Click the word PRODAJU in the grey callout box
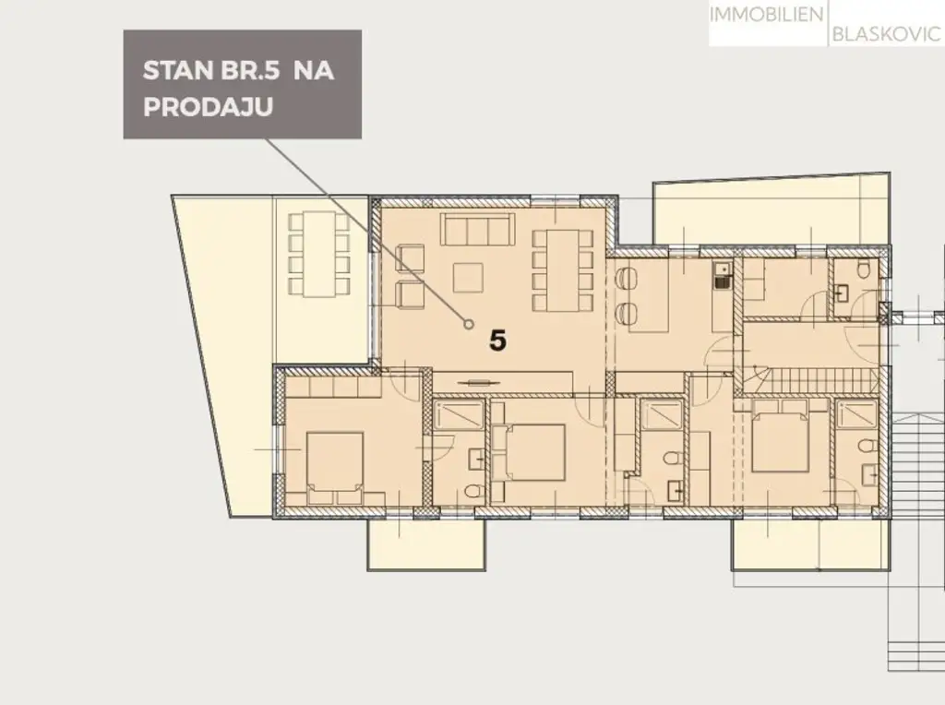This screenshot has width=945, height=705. pos(207,107)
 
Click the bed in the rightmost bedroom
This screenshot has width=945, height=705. pos(781,441)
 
